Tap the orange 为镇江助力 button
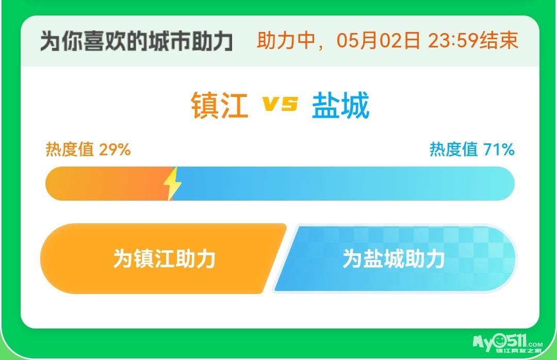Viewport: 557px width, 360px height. (x=160, y=258)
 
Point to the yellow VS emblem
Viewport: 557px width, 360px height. (x=280, y=104)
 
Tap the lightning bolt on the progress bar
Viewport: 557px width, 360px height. (x=172, y=184)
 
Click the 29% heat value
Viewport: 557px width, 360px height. (x=114, y=149)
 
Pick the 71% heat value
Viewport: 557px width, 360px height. (x=499, y=149)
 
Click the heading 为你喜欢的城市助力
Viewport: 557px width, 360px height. (x=136, y=41)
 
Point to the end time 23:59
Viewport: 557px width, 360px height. (x=453, y=41)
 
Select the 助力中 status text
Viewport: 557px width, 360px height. (x=286, y=41)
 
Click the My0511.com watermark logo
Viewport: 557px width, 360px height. (x=507, y=343)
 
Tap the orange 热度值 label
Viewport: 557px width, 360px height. (x=70, y=149)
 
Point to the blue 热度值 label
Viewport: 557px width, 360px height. (x=454, y=149)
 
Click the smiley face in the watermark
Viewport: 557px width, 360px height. (x=499, y=341)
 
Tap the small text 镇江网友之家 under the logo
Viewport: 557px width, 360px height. (x=519, y=351)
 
